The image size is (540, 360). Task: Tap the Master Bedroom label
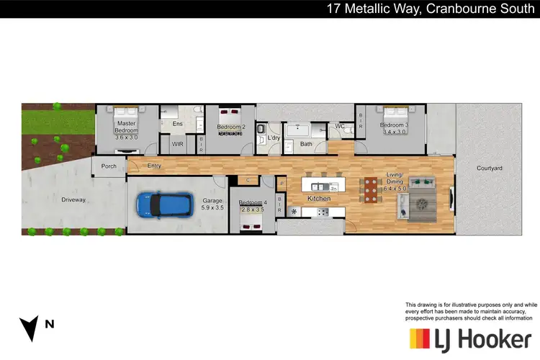coord(127,127)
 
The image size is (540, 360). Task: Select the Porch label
coord(109,166)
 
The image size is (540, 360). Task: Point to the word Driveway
coord(73,199)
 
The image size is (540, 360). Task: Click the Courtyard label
coord(489,168)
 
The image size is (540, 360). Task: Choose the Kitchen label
coord(319,197)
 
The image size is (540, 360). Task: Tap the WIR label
coord(177,144)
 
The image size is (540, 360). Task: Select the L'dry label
coord(273,138)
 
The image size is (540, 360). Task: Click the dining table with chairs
coord(370,189)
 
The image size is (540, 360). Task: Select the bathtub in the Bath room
coord(297,131)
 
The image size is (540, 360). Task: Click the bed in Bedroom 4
coord(252,220)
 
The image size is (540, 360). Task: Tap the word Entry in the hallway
coord(154,166)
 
